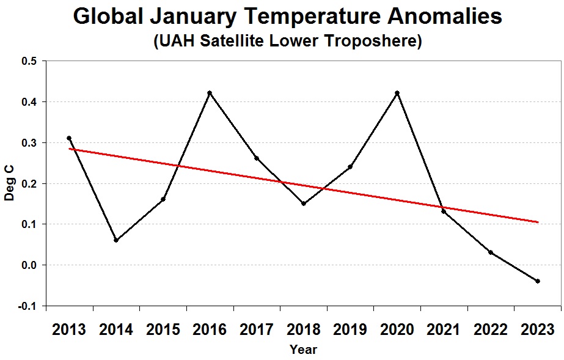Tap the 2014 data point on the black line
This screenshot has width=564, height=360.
[x=116, y=240]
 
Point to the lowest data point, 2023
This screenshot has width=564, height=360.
[x=538, y=281]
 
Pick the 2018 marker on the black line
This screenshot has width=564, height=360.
[x=304, y=204]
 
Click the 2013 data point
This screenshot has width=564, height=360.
[x=69, y=138]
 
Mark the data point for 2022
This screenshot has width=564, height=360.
[x=491, y=252]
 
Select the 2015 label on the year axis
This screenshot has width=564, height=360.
[x=163, y=330]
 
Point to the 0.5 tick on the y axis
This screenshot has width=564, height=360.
[x=29, y=61]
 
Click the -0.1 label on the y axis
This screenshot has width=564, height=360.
[x=27, y=306]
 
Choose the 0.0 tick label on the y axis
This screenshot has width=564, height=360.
[x=29, y=265]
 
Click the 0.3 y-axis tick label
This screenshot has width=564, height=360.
[x=29, y=143]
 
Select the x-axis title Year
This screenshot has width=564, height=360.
[x=303, y=350]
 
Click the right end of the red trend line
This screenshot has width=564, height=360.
[x=538, y=222]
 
